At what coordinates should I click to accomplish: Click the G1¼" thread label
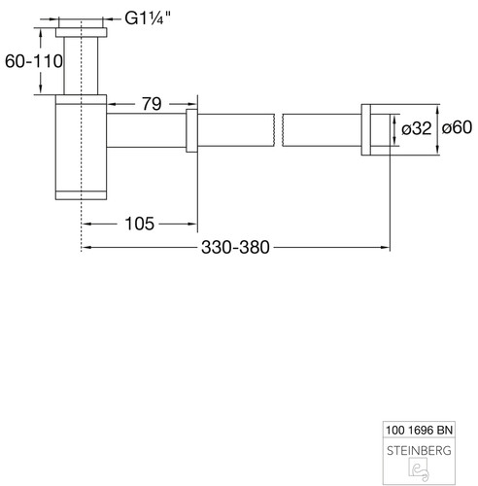pos(148,18)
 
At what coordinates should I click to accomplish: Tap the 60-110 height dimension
pos(34,61)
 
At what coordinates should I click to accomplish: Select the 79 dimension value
pos(152,104)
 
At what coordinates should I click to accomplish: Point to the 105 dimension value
pos(139,224)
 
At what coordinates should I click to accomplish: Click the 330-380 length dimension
pos(235,248)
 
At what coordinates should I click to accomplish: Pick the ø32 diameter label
pos(417,128)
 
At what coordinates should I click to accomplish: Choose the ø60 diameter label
pos(457,127)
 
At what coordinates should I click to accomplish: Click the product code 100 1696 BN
pos(419,431)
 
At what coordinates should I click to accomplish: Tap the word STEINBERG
pos(419,451)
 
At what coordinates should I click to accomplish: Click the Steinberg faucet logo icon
pos(419,469)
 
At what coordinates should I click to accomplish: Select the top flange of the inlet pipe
pos(81,32)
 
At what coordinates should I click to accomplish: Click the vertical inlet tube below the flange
pos(81,66)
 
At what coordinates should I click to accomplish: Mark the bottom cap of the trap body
pos(81,195)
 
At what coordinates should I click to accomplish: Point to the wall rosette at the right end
pos(366,129)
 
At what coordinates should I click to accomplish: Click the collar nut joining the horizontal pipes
pos(191,130)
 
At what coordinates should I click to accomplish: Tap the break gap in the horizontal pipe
pos(279,130)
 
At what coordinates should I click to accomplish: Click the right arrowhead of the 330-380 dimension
pos(386,248)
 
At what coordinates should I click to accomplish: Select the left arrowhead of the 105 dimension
pos(85,224)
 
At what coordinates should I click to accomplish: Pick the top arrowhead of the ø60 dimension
pos(437,109)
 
